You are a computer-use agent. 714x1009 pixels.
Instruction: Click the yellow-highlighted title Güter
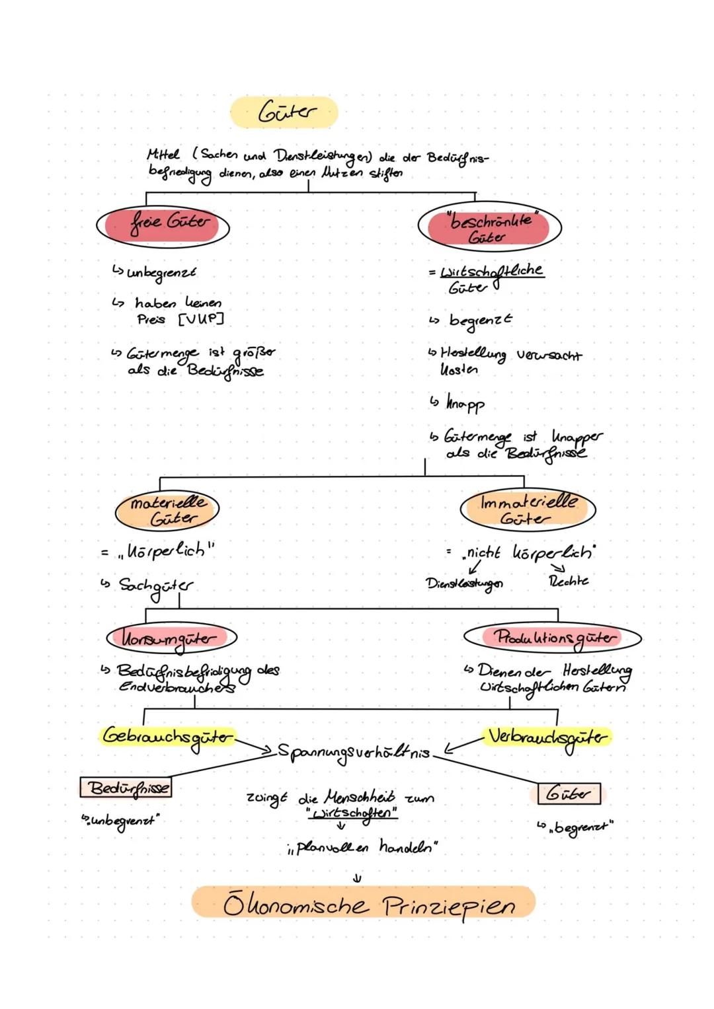tap(285, 112)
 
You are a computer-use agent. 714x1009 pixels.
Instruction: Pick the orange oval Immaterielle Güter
tap(528, 509)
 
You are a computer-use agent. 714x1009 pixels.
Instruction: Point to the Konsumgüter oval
tap(171, 638)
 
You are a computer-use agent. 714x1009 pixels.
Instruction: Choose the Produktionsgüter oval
tap(553, 638)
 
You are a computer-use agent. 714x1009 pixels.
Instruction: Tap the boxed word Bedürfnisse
tap(126, 788)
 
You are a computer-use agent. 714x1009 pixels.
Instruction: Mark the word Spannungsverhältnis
tap(354, 753)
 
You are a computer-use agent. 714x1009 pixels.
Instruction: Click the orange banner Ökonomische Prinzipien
tap(364, 903)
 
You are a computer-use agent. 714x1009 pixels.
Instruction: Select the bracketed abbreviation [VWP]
tap(201, 319)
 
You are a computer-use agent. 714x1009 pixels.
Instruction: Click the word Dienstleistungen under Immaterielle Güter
tap(464, 583)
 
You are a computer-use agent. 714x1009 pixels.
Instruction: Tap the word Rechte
tap(569, 581)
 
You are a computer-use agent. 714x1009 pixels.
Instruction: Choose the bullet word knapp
tap(465, 403)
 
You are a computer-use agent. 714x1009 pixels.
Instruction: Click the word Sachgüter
tap(156, 586)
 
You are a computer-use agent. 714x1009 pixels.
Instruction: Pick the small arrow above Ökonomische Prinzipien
tap(357, 878)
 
